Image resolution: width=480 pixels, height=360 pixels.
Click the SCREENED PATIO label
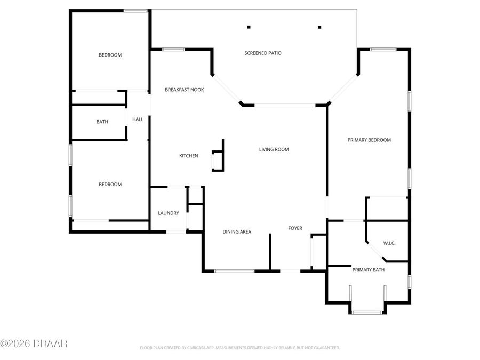263,53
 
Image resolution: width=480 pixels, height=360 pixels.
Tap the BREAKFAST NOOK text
184,90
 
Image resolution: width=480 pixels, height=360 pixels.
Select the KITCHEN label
188,156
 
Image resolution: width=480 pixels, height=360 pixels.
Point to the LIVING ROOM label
274,149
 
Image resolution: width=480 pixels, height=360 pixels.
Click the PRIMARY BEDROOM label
369,140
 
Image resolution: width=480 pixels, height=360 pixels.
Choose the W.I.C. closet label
389,243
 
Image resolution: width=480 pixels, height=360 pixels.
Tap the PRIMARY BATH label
368,270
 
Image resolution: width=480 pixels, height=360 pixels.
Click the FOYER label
295,228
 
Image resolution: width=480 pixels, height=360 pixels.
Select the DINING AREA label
237,231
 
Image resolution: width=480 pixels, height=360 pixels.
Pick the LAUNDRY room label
168,213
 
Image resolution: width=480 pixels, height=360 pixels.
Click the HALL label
138,119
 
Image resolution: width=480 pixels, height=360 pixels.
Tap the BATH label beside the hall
102,122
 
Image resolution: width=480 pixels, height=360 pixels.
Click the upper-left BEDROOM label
110,55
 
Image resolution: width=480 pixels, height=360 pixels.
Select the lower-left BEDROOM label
110,184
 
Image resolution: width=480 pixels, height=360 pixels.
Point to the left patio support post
249,27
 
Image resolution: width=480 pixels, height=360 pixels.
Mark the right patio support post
319,27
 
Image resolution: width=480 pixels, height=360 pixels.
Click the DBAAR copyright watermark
34,343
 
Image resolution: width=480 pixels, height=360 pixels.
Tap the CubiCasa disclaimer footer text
239,348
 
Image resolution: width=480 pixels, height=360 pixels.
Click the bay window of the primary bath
367,312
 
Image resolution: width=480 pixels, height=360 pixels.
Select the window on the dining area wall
235,271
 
